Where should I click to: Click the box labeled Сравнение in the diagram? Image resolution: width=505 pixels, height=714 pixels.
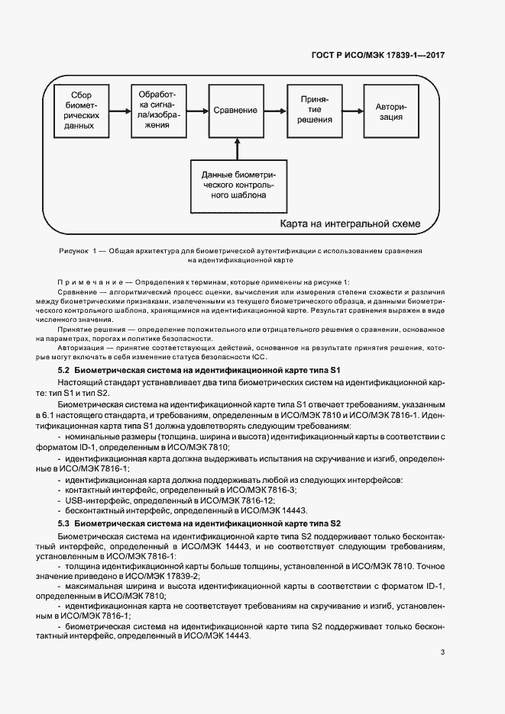[x=235, y=111]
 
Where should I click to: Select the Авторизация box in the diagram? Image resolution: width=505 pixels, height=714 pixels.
[x=390, y=111]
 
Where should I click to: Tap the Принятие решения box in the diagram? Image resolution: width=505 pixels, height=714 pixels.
[x=316, y=111]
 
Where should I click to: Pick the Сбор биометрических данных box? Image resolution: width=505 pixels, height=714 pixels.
[x=80, y=111]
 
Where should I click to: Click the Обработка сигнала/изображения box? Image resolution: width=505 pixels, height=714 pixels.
[x=157, y=111]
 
